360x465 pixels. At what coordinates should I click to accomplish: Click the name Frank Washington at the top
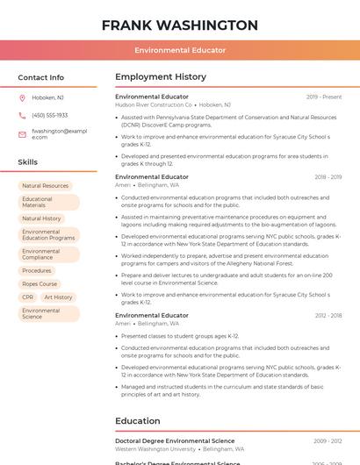[180, 25]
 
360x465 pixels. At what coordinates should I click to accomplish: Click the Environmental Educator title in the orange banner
[180, 51]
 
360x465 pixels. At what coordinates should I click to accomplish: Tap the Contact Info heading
[41, 77]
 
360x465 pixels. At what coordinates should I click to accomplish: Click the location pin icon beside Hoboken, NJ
[22, 98]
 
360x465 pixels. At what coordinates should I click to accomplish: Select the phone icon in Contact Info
[22, 116]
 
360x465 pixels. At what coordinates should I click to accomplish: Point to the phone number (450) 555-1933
[49, 116]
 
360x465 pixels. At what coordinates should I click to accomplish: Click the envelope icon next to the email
[22, 134]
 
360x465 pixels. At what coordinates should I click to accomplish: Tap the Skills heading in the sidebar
[28, 162]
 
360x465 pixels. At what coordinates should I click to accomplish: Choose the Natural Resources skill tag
[45, 186]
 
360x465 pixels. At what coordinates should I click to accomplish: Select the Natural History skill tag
[41, 218]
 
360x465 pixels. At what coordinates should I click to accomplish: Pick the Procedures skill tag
[37, 271]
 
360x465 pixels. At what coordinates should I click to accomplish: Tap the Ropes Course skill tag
[40, 284]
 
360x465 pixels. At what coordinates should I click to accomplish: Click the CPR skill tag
[28, 297]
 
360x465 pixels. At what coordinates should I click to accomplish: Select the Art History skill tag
[58, 297]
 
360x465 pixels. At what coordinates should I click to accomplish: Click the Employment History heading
[161, 77]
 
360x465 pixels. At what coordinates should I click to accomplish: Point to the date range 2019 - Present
[324, 97]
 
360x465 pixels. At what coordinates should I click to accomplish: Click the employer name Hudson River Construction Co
[154, 104]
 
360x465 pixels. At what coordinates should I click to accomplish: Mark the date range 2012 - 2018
[328, 316]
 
